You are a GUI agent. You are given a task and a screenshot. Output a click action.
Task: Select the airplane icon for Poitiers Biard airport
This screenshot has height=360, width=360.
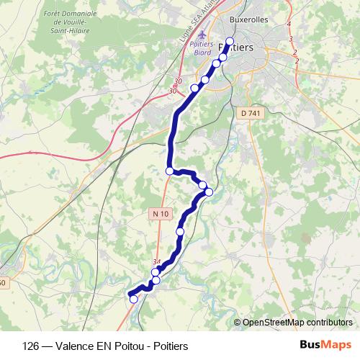(201, 35)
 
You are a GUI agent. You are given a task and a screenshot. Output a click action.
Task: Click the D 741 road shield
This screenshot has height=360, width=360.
(249, 113)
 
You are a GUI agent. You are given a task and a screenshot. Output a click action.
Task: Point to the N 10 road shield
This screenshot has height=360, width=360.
(161, 214)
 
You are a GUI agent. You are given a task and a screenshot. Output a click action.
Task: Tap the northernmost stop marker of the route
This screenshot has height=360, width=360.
(230, 42)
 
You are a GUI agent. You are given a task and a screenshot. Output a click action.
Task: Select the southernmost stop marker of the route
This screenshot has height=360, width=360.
(133, 299)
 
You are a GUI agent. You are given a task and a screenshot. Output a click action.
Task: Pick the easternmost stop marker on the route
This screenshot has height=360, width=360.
(210, 191)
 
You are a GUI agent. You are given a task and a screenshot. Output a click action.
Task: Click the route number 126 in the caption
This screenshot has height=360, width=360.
(31, 346)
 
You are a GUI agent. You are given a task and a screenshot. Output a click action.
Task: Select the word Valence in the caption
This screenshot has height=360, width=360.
(73, 346)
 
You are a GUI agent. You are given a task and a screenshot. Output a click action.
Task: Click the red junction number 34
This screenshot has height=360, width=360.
(158, 262)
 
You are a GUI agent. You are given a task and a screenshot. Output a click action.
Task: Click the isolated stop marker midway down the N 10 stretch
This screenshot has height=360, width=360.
(180, 231)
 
